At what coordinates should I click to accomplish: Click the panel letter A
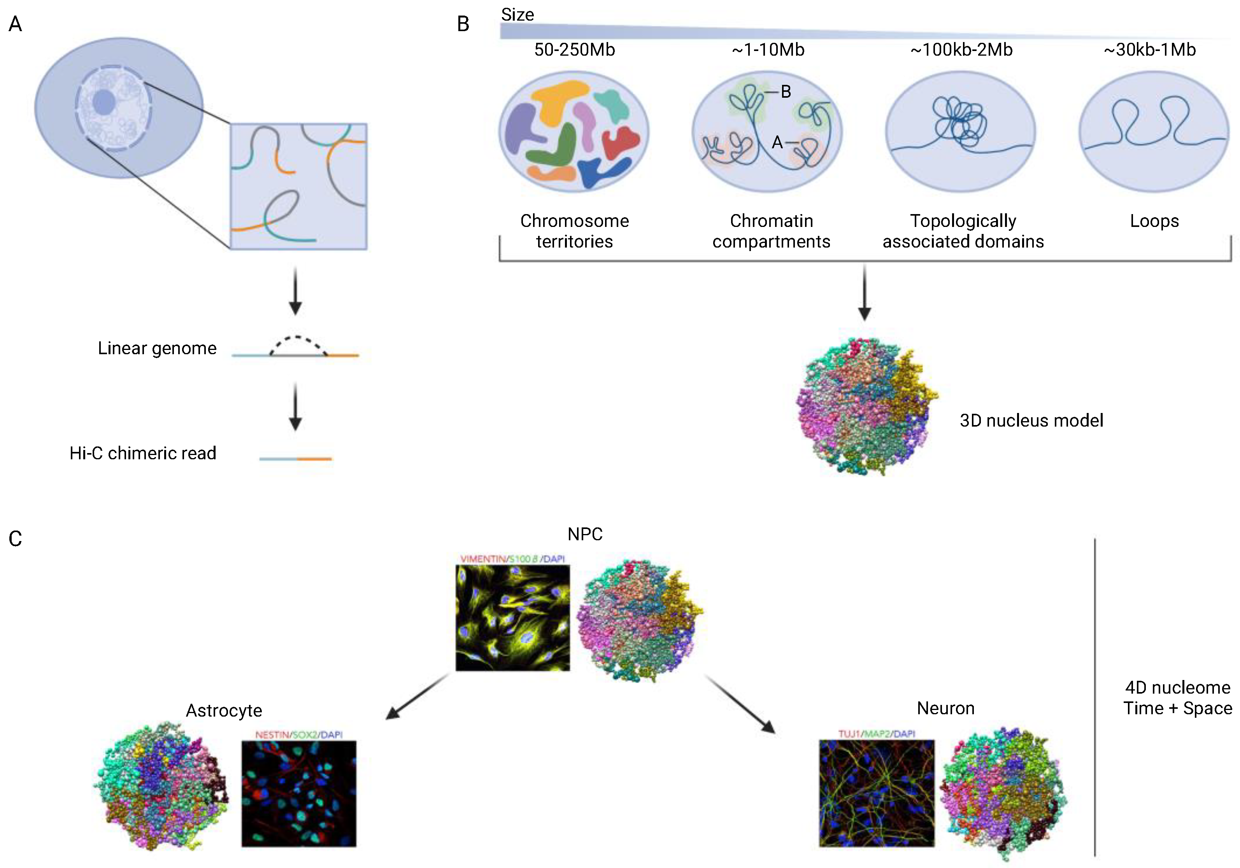15,24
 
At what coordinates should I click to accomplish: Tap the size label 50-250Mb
574,50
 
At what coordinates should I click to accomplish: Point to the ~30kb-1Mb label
1149,50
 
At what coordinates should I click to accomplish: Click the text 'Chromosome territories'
574,231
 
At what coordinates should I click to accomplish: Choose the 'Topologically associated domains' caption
963,231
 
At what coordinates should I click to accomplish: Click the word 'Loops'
1154,221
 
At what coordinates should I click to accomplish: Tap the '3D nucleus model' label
1031,420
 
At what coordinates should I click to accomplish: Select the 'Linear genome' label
157,348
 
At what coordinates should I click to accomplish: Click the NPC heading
585,534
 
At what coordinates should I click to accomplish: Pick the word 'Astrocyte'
224,710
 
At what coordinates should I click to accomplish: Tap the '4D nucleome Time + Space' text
1177,698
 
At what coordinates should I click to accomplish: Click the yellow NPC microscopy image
512,617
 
